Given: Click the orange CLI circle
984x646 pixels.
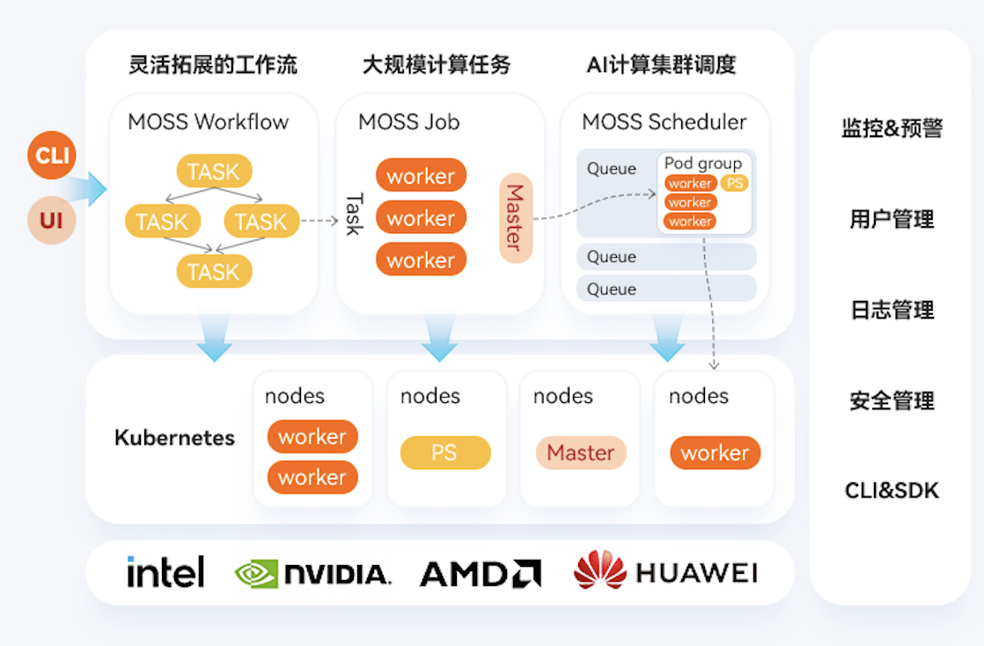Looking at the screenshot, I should point(51,156).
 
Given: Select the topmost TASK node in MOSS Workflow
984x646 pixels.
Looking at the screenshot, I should point(214,172).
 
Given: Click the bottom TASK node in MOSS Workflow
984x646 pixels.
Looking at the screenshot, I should point(214,271).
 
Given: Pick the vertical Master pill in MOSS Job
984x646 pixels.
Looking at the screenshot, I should point(516,218).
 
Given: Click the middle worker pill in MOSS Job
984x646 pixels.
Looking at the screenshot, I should point(421,218).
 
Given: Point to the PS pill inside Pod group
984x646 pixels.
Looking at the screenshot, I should point(735,183).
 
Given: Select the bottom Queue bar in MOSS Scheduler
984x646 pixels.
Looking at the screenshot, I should point(666,289).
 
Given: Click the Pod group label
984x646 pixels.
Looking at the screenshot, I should point(703,164).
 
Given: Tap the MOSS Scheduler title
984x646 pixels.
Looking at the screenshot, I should point(664,121).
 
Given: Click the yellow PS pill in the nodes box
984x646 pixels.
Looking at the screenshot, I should point(444,452).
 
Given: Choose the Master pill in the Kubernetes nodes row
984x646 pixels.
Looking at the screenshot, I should point(581,452).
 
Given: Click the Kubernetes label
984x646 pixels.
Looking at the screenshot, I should point(174,437).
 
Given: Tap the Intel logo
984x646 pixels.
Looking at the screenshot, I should point(165,572).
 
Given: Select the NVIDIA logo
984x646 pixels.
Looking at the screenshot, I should point(312,574).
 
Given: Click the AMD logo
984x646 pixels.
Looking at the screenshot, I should point(481,574).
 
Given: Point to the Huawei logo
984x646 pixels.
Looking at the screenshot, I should point(665,572).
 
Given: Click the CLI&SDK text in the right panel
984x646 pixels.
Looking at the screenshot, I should point(892,490).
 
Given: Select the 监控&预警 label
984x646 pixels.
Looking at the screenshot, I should point(892,128).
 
